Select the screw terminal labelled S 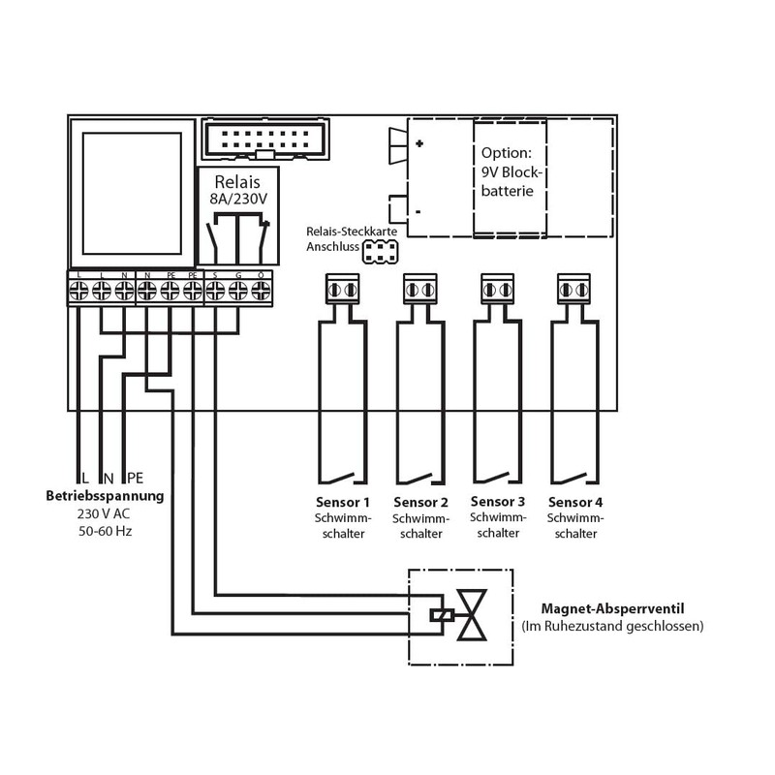[x=214, y=290]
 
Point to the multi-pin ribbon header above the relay [x=263, y=139]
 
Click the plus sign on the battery [x=419, y=143]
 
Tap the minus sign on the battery [x=418, y=210]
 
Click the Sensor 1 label [x=343, y=503]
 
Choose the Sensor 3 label [x=498, y=502]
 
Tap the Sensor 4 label [x=575, y=503]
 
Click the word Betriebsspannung [x=105, y=496]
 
